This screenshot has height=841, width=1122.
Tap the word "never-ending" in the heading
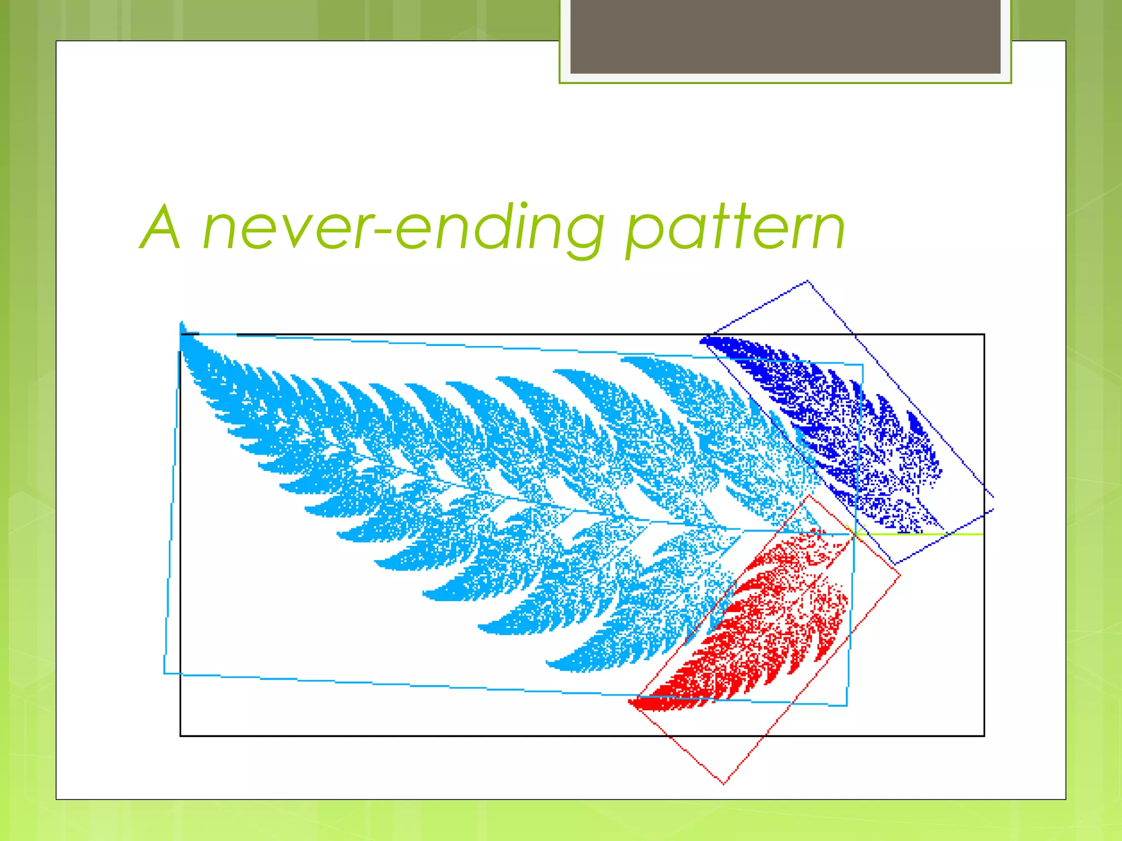[403, 228]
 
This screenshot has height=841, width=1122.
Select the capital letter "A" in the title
[161, 227]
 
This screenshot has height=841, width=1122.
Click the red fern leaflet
[767, 624]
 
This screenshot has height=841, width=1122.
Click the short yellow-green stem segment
[920, 534]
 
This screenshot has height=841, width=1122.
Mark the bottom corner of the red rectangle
[724, 784]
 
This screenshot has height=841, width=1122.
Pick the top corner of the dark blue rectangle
[808, 281]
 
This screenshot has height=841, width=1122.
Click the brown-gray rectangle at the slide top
[785, 36]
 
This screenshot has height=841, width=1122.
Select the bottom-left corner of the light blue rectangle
[165, 673]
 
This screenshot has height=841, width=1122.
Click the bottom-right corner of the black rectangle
[984, 735]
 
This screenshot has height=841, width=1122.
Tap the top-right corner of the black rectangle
[984, 335]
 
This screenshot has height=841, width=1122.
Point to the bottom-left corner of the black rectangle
[181, 735]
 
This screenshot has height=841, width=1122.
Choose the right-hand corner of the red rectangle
[900, 575]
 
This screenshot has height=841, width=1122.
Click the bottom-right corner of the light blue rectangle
[847, 706]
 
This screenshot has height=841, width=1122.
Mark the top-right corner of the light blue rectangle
[863, 365]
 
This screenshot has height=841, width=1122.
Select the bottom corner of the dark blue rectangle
[895, 563]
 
